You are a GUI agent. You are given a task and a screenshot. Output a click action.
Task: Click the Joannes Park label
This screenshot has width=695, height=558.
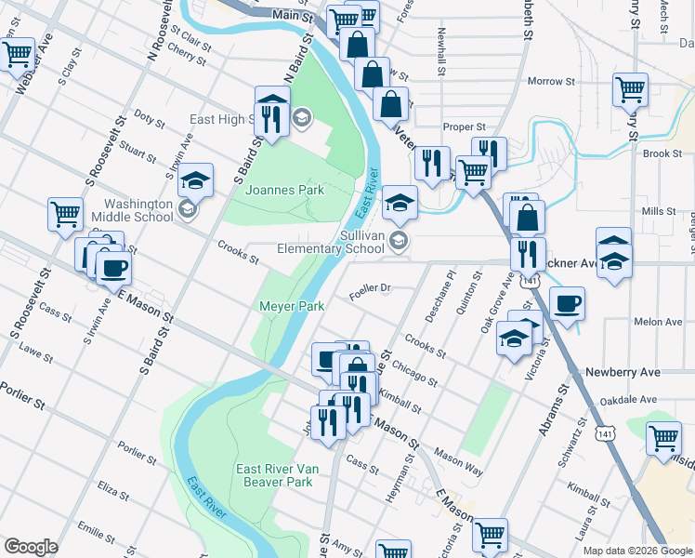click(284, 190)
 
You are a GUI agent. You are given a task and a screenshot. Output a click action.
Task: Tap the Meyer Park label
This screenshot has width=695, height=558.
click(290, 306)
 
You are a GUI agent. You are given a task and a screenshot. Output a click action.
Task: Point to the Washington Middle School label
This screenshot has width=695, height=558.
click(138, 210)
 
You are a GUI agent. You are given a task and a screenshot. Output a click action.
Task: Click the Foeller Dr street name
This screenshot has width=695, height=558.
click(369, 288)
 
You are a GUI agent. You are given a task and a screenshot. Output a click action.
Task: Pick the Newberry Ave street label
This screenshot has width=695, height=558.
click(623, 372)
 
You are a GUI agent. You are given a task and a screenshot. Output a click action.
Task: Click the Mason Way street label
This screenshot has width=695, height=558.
click(458, 464)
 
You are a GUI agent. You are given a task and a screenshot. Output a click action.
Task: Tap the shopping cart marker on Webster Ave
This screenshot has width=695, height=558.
click(18, 56)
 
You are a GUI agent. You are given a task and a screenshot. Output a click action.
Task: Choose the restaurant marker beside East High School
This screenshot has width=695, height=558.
click(270, 116)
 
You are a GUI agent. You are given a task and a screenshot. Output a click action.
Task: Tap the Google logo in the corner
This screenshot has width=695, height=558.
click(31, 547)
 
